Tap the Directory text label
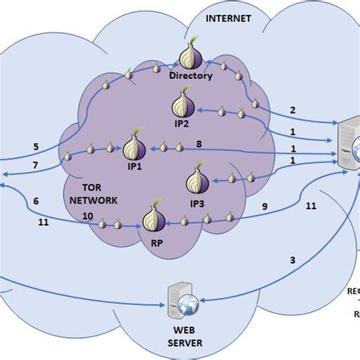click(191, 76)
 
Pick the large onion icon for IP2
click(182, 101)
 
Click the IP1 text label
click(134, 162)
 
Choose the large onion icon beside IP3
click(196, 182)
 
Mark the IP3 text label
click(197, 203)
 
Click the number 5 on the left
click(35, 147)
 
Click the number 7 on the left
click(35, 166)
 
